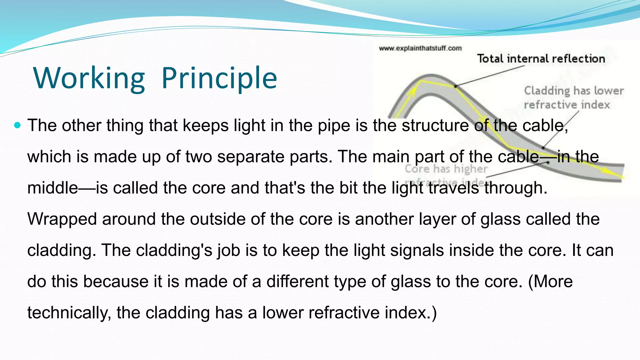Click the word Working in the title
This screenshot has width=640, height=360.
[89, 78]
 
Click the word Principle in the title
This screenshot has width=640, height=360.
[219, 78]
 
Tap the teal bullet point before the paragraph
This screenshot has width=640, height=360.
[17, 126]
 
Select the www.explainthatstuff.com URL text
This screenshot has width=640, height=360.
[420, 48]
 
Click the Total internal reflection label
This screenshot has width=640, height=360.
[541, 59]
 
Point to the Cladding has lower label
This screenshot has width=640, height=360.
[574, 91]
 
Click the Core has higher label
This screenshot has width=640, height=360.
[446, 169]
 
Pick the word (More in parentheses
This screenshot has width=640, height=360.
[550, 282]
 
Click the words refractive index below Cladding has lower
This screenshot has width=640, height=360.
[567, 105]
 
